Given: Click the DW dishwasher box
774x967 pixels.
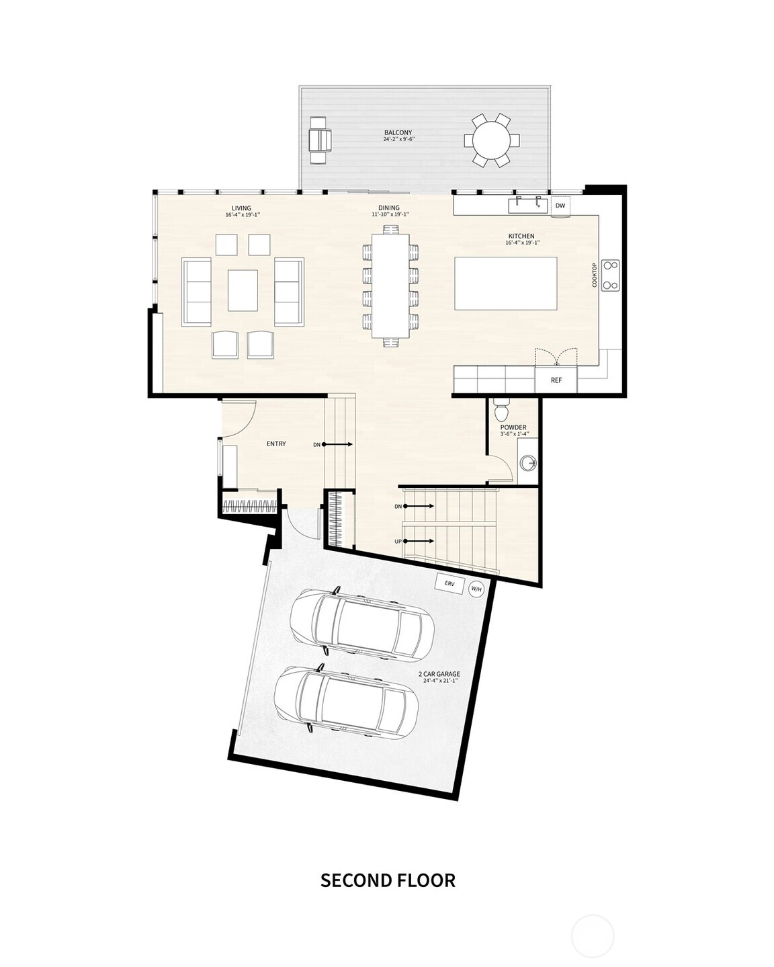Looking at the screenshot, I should [560, 206].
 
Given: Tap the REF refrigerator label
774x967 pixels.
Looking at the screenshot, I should [556, 380].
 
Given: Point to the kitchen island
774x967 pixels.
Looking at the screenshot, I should [506, 283].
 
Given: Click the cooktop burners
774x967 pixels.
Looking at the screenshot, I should [610, 275].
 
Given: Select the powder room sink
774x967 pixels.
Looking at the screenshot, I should [529, 462].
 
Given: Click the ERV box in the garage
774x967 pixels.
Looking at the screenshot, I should [448, 583].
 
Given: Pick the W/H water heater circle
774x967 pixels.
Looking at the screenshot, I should [476, 589].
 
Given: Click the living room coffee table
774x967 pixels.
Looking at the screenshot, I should [243, 290].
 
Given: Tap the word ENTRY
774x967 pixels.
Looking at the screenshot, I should [276, 444].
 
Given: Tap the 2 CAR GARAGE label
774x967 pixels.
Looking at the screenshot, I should [439, 674].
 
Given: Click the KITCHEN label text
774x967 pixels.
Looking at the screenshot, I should [521, 236].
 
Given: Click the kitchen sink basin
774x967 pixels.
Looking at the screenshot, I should [527, 204].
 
